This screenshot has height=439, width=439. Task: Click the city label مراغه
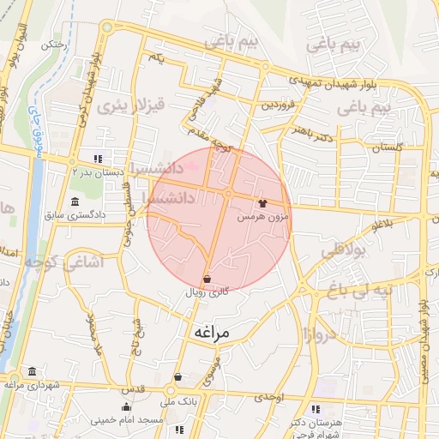(x=209, y=332)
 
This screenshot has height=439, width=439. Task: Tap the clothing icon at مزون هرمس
(x=262, y=204)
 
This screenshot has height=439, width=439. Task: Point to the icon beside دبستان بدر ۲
(x=98, y=159)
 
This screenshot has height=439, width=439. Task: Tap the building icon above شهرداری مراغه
(x=32, y=370)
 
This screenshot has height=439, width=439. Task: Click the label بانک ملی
(x=183, y=400)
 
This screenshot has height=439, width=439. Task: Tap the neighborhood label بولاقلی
(x=343, y=252)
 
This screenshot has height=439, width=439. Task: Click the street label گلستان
(x=388, y=147)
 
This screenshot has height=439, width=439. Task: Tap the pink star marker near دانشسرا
(x=194, y=165)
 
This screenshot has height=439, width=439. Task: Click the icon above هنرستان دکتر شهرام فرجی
(x=319, y=411)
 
